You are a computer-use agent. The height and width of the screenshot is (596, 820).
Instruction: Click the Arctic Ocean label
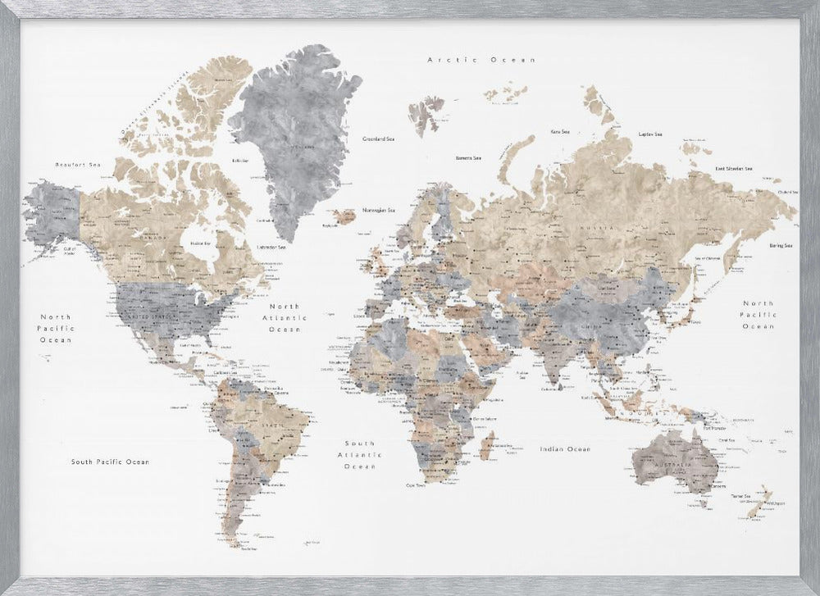pos(481,60)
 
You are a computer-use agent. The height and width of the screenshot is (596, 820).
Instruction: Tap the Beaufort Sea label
pos(76,165)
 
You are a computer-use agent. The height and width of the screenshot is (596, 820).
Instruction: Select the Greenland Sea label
pos(380,139)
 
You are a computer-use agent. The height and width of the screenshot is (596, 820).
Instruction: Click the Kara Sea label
pos(560,131)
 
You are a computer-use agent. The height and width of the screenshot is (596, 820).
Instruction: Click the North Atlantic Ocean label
pos(285,316)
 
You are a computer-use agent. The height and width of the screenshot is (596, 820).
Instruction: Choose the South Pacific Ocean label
pos(110,462)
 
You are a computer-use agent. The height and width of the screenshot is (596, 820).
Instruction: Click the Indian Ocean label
pos(564,449)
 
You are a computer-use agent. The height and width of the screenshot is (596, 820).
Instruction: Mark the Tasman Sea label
pos(740,497)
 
